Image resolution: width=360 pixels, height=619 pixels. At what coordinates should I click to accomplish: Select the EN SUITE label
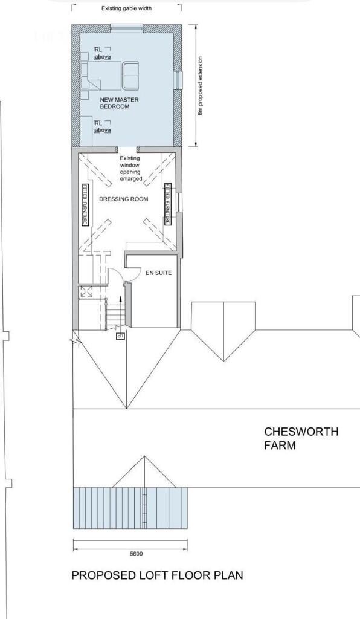click(159, 273)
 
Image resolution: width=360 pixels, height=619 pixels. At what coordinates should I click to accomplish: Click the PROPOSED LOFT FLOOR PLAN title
click(157, 575)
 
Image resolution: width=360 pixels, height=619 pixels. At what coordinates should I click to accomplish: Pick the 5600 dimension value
click(137, 554)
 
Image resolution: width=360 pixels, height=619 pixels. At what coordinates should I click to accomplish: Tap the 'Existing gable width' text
click(127, 8)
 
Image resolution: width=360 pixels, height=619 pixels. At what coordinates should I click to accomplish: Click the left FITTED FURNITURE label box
click(85, 204)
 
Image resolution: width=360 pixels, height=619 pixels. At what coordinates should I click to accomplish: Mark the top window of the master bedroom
click(127, 27)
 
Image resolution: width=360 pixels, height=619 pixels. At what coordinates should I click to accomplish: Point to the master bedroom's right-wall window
click(179, 80)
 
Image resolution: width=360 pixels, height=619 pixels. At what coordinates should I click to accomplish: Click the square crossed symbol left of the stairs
click(86, 292)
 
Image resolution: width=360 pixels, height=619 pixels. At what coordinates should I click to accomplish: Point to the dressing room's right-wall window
click(180, 203)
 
